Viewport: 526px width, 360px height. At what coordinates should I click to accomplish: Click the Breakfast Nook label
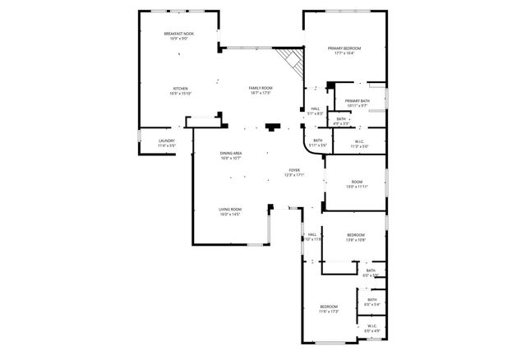click(x=178, y=33)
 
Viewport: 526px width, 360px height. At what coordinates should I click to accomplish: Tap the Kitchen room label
click(x=180, y=88)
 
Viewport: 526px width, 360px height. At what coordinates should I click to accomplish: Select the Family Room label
click(x=261, y=88)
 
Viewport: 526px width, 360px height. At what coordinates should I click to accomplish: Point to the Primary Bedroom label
click(x=345, y=48)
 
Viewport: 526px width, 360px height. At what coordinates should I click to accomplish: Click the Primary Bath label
click(x=358, y=100)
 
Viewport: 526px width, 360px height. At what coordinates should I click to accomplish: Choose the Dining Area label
click(x=230, y=154)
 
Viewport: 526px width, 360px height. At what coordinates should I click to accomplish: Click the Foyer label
click(x=294, y=171)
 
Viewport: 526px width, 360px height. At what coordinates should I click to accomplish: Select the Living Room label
click(x=229, y=210)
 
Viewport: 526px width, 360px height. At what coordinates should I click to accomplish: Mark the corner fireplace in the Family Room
click(x=288, y=60)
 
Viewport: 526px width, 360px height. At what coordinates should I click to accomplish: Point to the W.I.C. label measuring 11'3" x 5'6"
click(x=359, y=141)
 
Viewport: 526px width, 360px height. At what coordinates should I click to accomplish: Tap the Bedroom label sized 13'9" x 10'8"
click(x=355, y=234)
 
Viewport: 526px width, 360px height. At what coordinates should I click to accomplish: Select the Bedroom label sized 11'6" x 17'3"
click(x=329, y=307)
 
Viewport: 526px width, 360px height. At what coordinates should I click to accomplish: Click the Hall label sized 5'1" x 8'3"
click(x=315, y=108)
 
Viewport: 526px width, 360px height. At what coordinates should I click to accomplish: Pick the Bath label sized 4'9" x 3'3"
click(x=341, y=119)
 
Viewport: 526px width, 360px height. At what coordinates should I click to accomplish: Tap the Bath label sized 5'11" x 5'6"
click(x=318, y=141)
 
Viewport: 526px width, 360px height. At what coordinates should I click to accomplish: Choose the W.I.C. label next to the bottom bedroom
click(x=371, y=325)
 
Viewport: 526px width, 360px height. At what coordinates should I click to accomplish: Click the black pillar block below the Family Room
click(x=272, y=127)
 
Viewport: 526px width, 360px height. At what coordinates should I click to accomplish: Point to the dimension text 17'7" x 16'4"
click(x=345, y=53)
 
